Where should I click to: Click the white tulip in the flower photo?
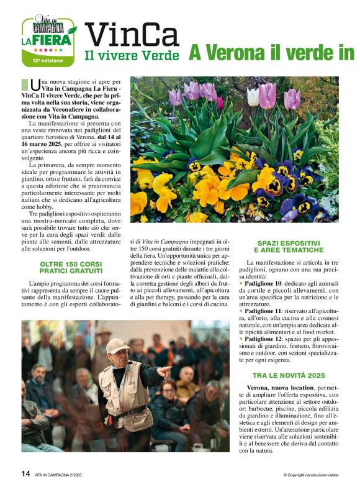point(253,96)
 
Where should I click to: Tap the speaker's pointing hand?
point(164,372)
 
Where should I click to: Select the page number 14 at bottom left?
point(25,473)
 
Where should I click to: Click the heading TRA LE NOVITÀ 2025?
point(289,375)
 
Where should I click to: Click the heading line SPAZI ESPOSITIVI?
point(289,242)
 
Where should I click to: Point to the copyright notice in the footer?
point(310,475)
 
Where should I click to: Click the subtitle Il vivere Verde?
point(132,56)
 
